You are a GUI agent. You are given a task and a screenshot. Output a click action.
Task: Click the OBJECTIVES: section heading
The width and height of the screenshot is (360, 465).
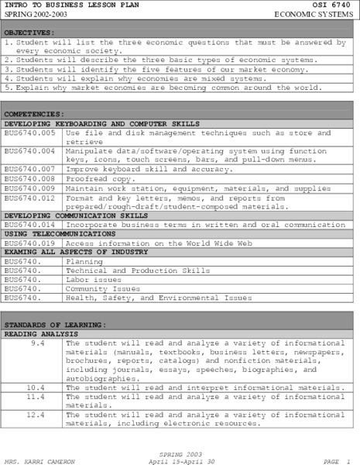[x=29, y=33]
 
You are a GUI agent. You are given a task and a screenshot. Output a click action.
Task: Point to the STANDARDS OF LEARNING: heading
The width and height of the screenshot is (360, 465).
[x=54, y=324]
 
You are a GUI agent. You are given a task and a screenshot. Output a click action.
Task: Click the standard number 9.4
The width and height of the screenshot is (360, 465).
[x=38, y=342]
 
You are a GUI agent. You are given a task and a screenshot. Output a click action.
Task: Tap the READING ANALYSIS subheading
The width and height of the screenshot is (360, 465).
[x=37, y=332]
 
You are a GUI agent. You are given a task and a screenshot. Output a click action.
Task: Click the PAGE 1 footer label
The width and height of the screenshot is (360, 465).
[x=338, y=460]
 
